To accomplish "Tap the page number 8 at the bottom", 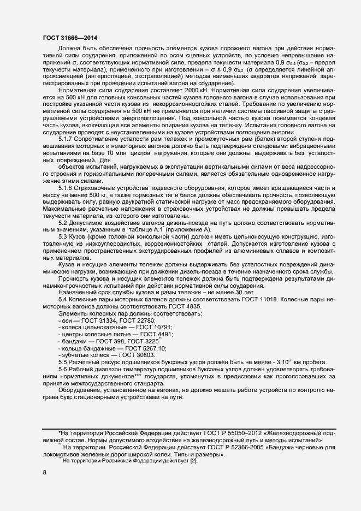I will click(44, 473).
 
